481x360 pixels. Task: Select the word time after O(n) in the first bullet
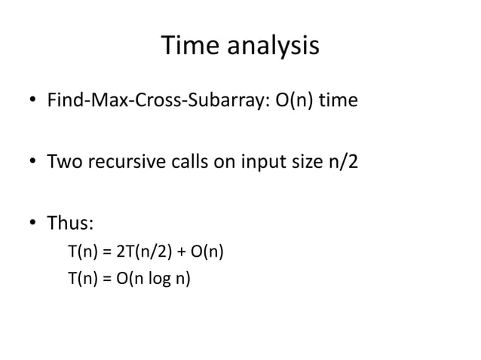[336, 100]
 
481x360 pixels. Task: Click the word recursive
[125, 162]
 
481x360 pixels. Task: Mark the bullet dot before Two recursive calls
[33, 163]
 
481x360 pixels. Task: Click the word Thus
[69, 224]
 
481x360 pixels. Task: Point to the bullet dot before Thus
[33, 224]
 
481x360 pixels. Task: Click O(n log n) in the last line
[156, 280]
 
